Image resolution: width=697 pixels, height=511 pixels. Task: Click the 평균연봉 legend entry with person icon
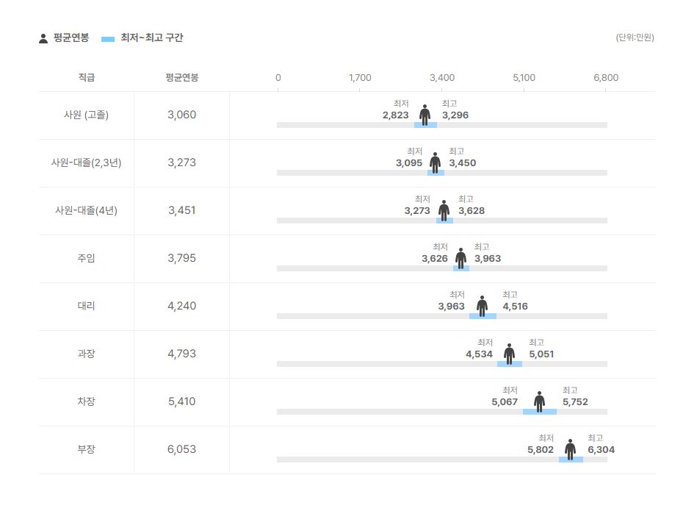[64, 38]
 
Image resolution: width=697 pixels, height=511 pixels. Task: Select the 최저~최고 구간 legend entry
[142, 38]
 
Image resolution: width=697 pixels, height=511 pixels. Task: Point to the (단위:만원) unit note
[635, 37]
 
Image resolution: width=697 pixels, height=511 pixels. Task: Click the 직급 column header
[86, 77]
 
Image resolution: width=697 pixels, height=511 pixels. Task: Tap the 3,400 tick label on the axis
[442, 77]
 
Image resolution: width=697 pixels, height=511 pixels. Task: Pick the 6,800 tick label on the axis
[606, 77]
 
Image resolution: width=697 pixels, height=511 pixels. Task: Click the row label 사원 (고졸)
[86, 115]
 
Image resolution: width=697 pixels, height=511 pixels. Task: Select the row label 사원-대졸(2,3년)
[86, 162]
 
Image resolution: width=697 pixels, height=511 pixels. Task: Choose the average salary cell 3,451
[181, 210]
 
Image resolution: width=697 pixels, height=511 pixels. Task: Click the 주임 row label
[86, 258]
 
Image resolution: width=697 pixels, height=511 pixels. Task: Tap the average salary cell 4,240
[181, 306]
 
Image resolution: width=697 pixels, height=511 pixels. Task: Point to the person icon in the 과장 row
[509, 354]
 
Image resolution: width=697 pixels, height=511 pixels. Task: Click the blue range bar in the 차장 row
[540, 412]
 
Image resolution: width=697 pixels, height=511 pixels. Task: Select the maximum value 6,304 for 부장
[601, 450]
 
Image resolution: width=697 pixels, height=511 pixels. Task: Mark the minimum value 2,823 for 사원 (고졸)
[395, 115]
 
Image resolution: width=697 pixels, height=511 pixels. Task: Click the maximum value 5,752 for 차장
[575, 402]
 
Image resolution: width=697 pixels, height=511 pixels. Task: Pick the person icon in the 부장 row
[570, 449]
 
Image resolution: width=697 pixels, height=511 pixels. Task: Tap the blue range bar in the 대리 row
[483, 316]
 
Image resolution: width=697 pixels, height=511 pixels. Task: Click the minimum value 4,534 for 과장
[479, 354]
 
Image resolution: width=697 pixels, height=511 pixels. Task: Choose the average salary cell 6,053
[181, 449]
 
